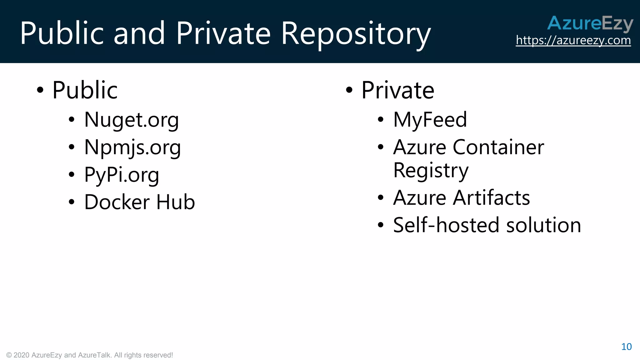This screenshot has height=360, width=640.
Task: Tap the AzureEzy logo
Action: click(590, 23)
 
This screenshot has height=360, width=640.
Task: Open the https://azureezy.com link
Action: click(573, 40)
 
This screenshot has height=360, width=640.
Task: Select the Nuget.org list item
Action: click(131, 120)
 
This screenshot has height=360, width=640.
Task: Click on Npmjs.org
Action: click(132, 147)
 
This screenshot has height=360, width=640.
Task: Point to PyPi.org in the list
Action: click(122, 175)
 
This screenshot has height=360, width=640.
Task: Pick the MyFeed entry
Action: click(430, 120)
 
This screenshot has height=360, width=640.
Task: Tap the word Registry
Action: click(431, 171)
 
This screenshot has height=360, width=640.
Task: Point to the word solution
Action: click(543, 225)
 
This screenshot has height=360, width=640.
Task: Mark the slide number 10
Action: click(626, 347)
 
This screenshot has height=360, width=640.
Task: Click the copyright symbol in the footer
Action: click(9, 355)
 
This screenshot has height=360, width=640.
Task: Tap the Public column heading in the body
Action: click(85, 90)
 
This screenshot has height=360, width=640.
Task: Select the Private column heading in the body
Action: click(398, 90)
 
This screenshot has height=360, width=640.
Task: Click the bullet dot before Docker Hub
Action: click(72, 202)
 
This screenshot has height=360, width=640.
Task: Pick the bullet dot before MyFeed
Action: click(380, 120)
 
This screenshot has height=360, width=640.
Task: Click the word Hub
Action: click(176, 202)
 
